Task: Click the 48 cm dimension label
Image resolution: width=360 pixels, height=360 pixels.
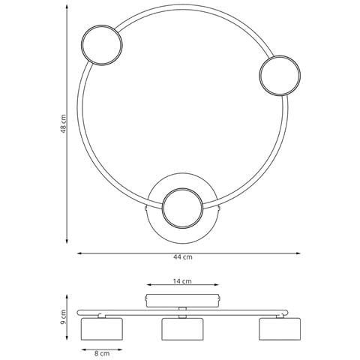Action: pyautogui.click(x=64, y=124)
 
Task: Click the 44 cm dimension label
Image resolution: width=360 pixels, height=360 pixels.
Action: pyautogui.click(x=183, y=257)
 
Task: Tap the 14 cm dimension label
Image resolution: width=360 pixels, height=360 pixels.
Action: pyautogui.click(x=182, y=281)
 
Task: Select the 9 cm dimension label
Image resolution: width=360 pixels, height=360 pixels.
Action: pyautogui.click(x=64, y=317)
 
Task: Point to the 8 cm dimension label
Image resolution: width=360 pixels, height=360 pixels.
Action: pyautogui.click(x=102, y=353)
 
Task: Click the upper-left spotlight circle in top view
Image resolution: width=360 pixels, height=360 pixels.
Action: pyautogui.click(x=102, y=25)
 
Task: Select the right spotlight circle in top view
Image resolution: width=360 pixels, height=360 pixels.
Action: pyautogui.click(x=280, y=56)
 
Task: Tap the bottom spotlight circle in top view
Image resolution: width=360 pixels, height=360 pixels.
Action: pyautogui.click(x=182, y=188)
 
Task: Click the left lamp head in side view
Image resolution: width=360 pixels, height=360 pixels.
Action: pyautogui.click(x=102, y=329)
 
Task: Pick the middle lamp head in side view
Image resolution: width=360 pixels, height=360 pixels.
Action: pyautogui.click(x=182, y=329)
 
